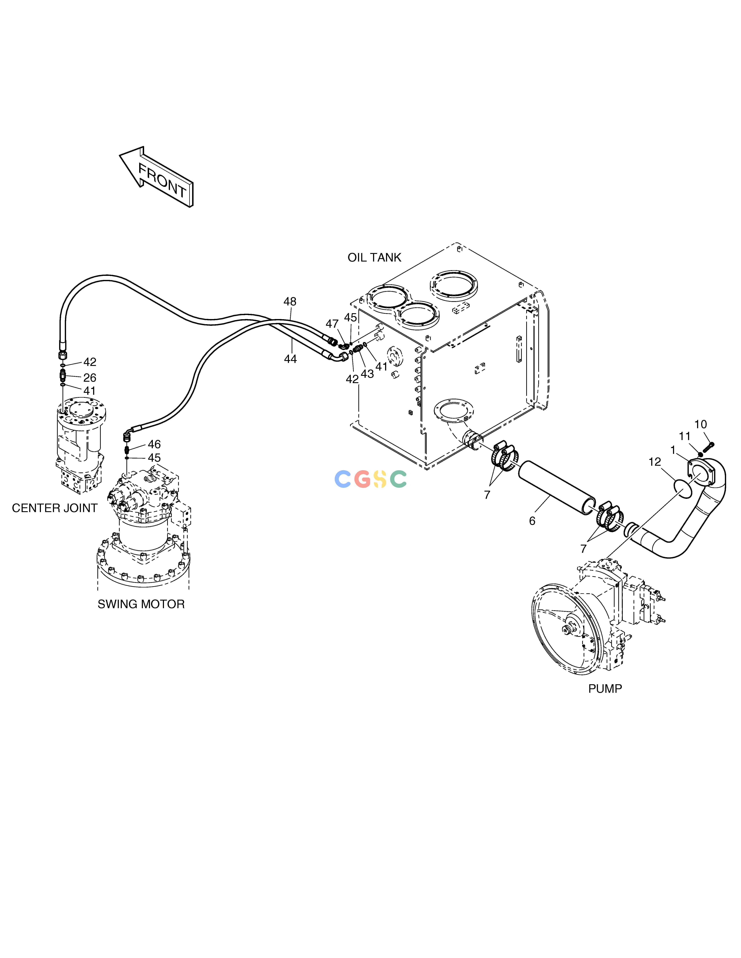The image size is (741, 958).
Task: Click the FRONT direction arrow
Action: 156,176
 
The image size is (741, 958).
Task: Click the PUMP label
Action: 605,689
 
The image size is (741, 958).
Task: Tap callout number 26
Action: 90,378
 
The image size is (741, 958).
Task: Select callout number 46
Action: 154,444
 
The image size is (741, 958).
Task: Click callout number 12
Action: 655,462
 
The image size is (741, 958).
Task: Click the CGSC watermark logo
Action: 370,479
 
